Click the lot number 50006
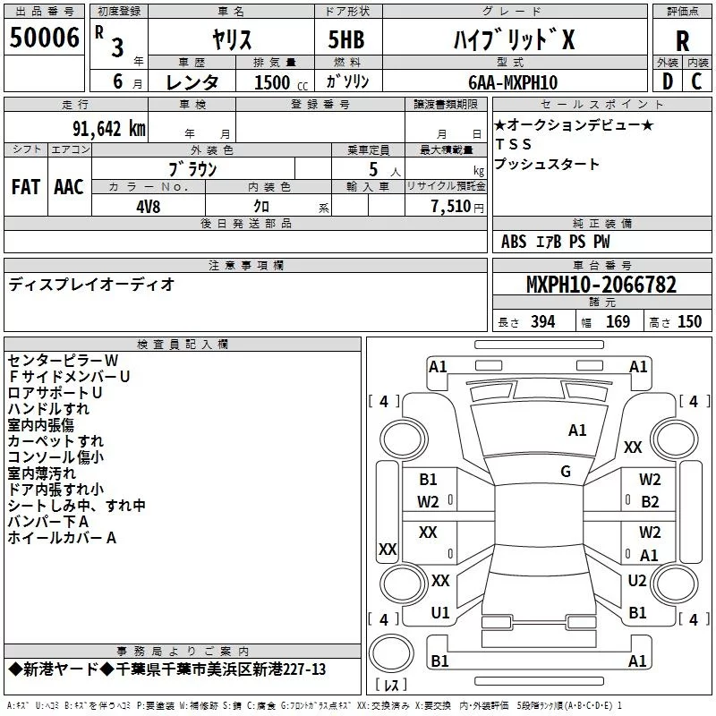pos(43,38)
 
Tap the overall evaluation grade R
pos(682,41)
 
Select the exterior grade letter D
pos(666,81)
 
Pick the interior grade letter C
pos(696,81)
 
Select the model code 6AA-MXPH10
pos(512,82)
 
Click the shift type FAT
pos(25,187)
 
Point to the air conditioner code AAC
pos(68,187)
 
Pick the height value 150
pos(689,322)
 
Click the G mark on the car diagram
pos(566,472)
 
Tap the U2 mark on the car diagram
pos(636,581)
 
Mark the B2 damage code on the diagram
pos(650,502)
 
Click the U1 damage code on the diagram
pos(440,613)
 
